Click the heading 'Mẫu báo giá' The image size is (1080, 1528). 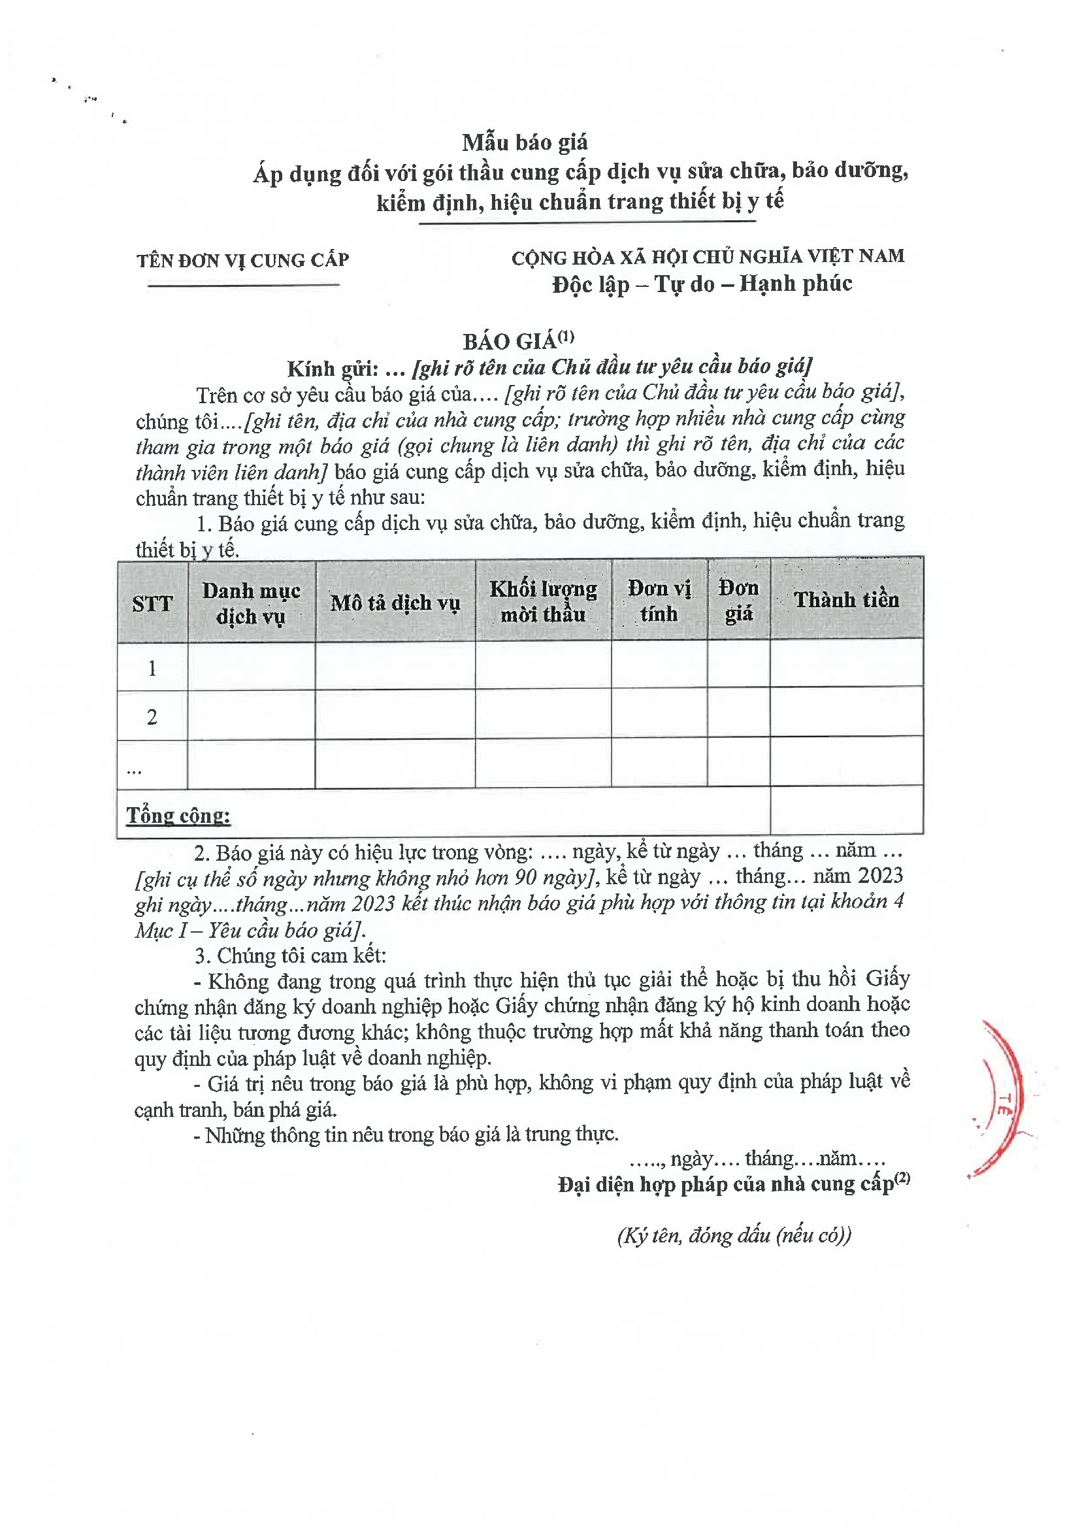tap(525, 142)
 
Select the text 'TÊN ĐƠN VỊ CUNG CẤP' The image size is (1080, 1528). tap(242, 260)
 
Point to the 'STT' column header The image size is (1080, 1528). tap(152, 604)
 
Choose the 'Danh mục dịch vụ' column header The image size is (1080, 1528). tap(251, 603)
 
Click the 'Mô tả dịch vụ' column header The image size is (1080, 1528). tap(395, 603)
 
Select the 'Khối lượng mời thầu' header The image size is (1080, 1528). tap(543, 601)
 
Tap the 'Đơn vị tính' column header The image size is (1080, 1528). tap(659, 600)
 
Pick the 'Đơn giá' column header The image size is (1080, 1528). tap(739, 600)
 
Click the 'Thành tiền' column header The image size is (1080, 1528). tap(847, 599)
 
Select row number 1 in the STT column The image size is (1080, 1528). tap(152, 667)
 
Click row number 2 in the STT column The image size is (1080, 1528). tap(152, 717)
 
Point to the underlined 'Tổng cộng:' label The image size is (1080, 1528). tap(178, 815)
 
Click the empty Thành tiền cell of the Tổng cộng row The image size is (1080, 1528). tap(847, 810)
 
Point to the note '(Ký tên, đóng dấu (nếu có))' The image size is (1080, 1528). tap(734, 1236)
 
